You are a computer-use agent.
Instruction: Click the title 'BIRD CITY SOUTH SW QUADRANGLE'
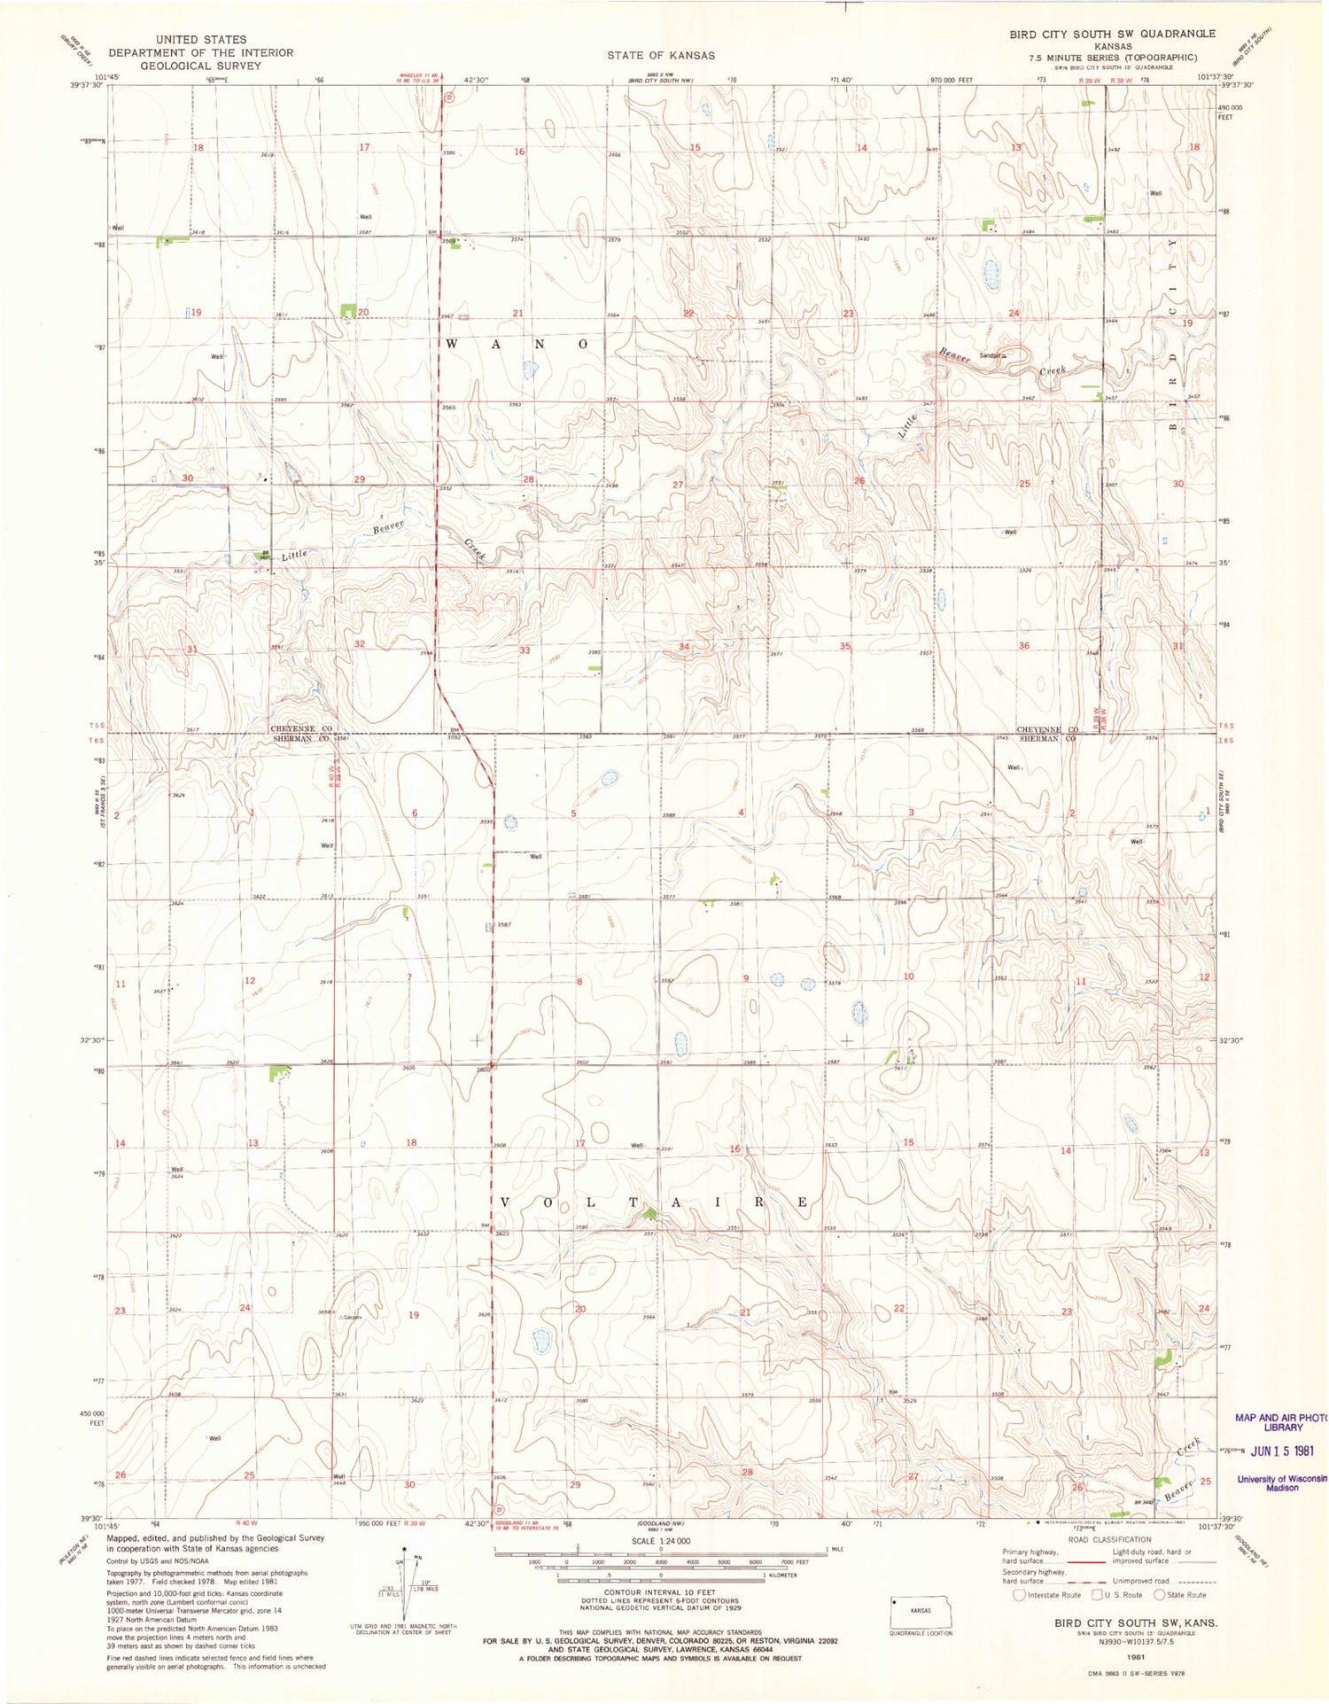(1113, 34)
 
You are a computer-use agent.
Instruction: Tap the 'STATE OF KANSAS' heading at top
(661, 55)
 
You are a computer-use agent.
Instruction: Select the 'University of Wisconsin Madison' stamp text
(1282, 1482)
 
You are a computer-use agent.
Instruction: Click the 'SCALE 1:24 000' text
(660, 1542)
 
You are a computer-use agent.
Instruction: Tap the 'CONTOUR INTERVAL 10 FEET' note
(660, 1592)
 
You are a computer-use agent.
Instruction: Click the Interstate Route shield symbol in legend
(1020, 1595)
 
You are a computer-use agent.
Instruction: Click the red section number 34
(683, 647)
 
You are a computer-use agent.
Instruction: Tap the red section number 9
(746, 978)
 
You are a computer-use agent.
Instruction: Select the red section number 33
(525, 650)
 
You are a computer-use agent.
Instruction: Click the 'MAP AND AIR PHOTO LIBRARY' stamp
(1282, 1422)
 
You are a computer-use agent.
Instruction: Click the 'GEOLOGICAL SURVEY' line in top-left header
(200, 66)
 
